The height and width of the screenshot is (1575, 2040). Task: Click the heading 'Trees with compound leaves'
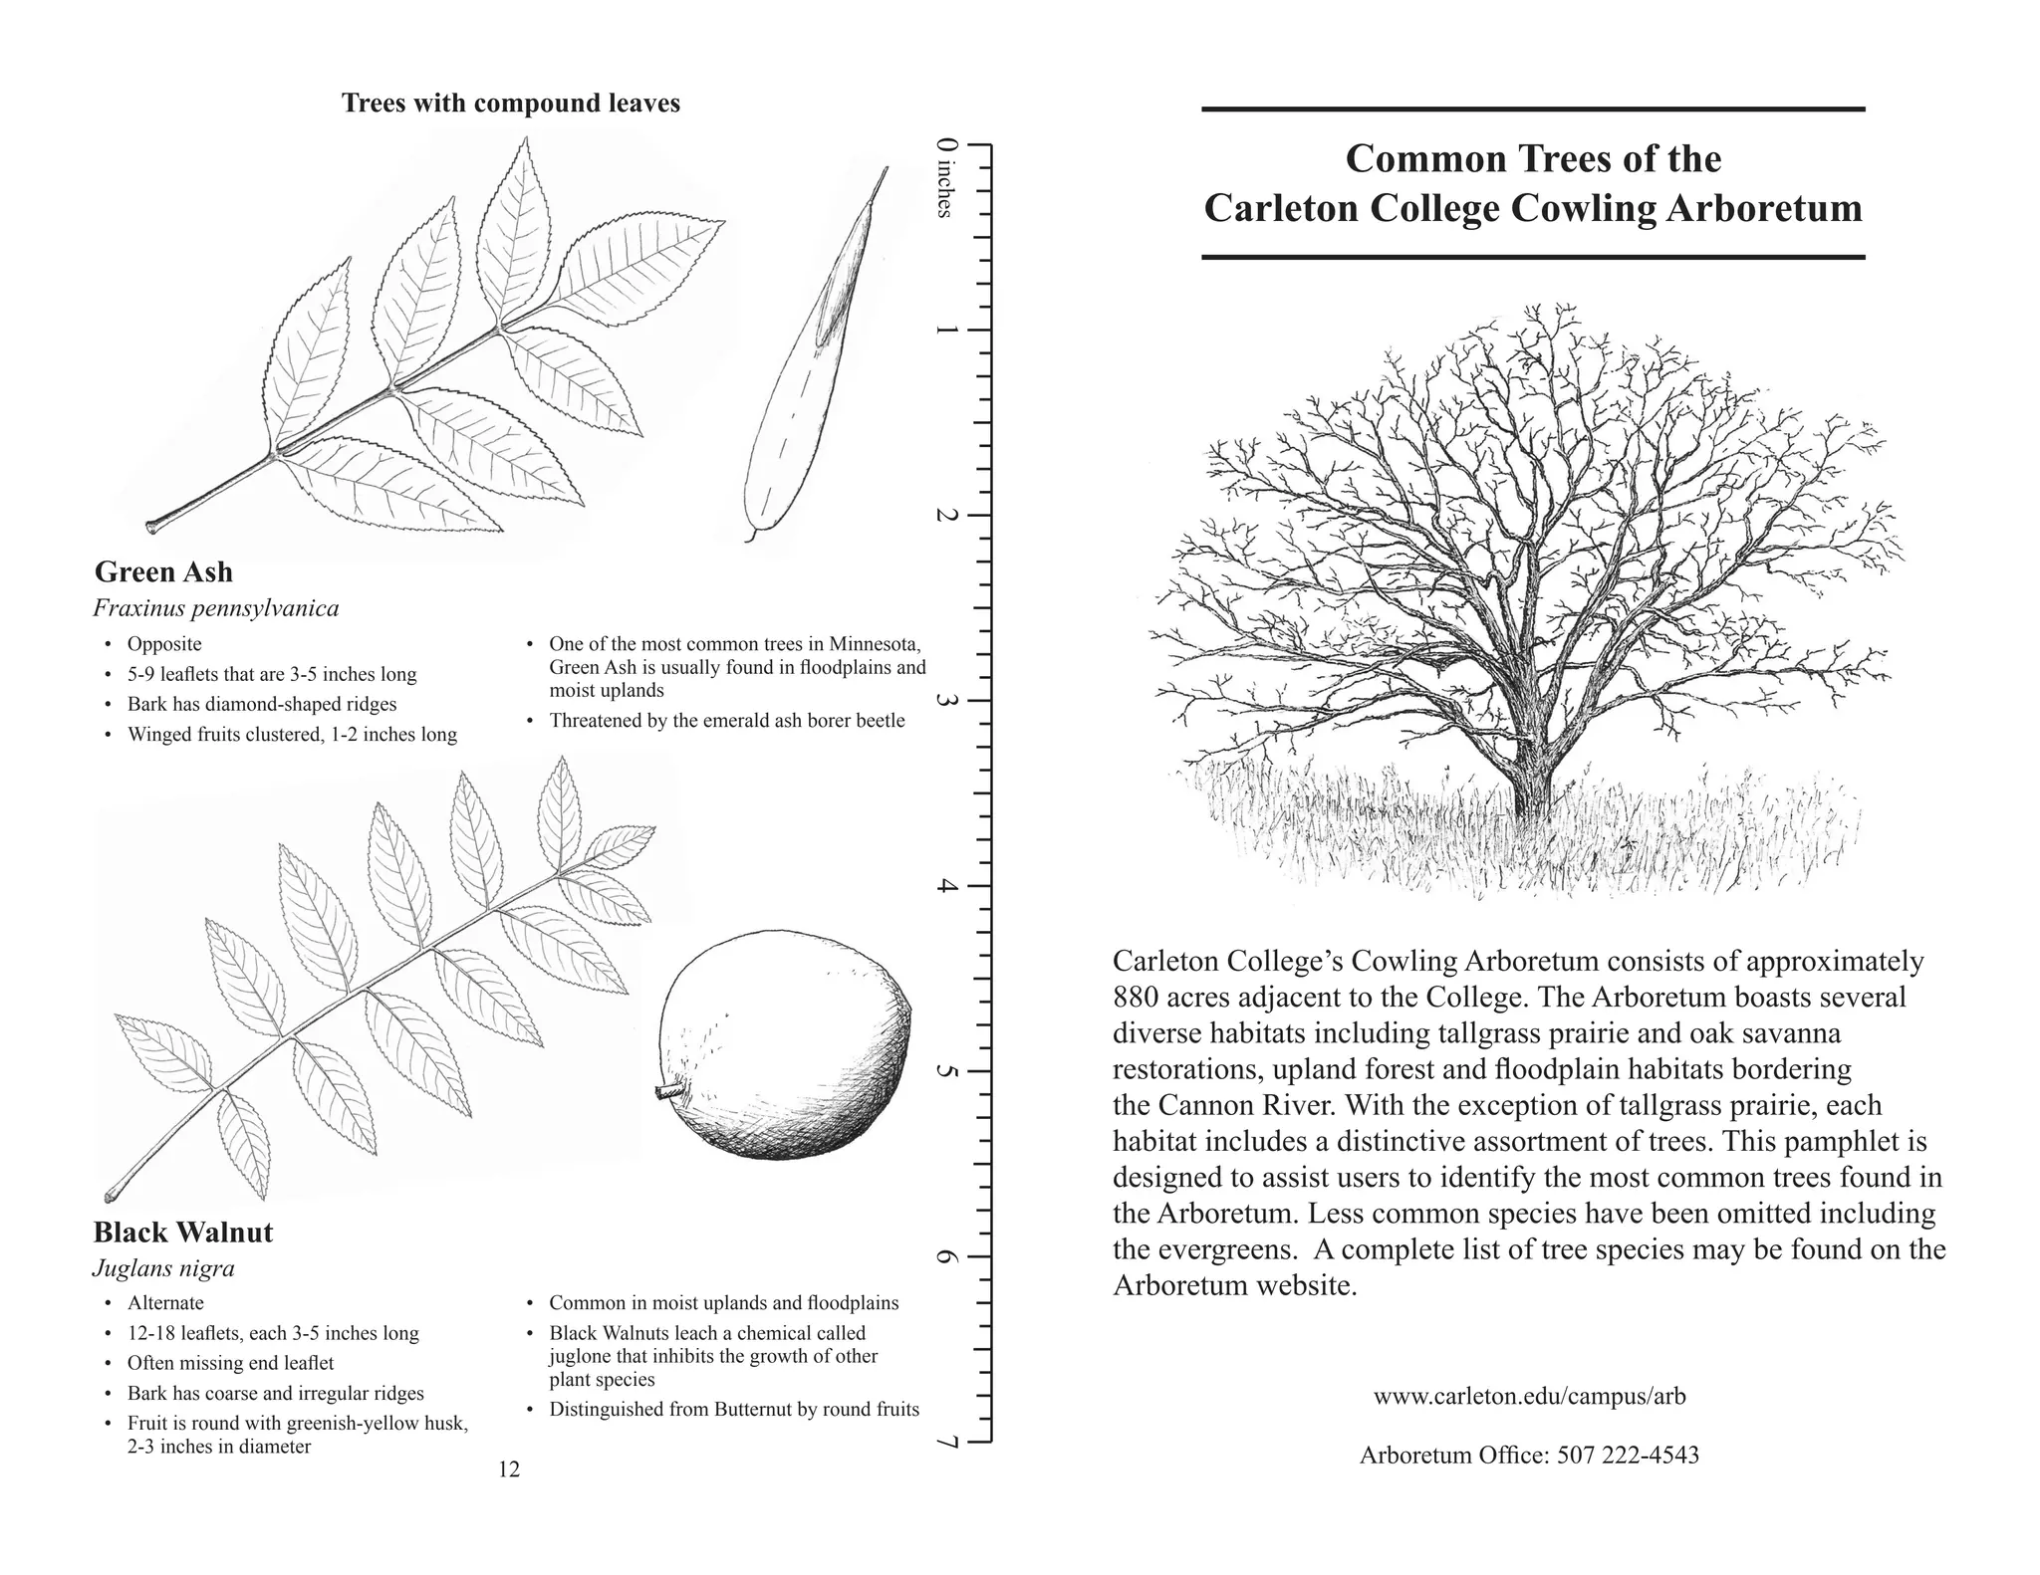point(510,104)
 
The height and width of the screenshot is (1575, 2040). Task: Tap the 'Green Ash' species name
point(163,572)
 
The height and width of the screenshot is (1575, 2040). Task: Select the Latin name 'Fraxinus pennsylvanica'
point(216,608)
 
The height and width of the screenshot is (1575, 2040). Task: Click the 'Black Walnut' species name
point(182,1233)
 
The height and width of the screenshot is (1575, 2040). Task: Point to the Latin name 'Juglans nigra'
point(163,1268)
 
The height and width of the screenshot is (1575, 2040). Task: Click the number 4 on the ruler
point(945,886)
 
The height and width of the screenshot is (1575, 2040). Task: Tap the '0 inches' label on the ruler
point(945,177)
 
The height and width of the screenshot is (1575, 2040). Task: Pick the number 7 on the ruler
point(945,1443)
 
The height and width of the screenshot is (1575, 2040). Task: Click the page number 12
point(509,1469)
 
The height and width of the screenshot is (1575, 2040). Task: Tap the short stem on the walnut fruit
point(666,1092)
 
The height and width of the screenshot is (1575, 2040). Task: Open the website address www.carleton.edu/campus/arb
point(1529,1397)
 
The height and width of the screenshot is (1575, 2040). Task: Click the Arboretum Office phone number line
point(1529,1456)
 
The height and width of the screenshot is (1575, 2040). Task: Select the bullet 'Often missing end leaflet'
point(230,1363)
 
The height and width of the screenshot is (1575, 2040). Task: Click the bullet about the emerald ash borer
point(726,721)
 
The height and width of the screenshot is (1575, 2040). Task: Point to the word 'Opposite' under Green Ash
point(164,644)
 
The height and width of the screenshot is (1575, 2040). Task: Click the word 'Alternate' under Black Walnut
point(165,1303)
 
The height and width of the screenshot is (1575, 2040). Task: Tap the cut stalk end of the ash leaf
point(152,526)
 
